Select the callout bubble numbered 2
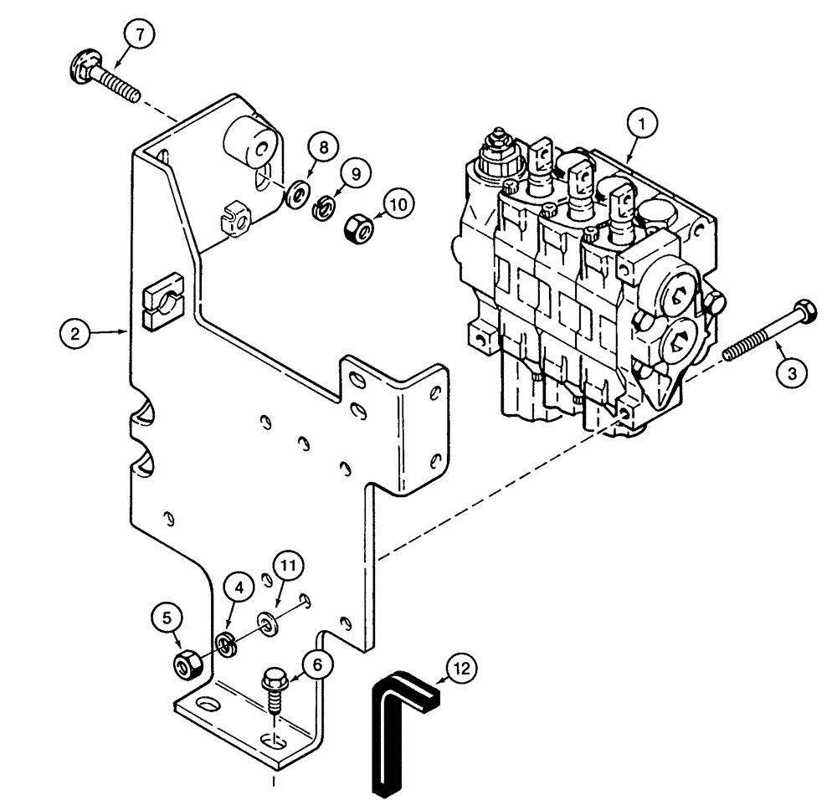75,334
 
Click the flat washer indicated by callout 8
296,197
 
